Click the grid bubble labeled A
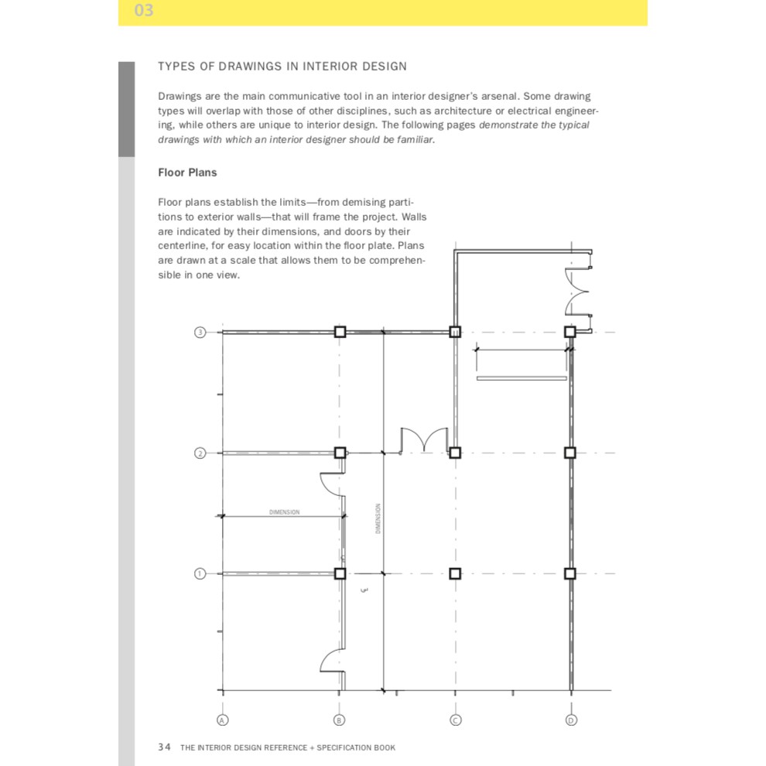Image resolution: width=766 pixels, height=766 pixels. click(x=222, y=720)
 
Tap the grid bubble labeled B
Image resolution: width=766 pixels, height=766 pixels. click(x=339, y=720)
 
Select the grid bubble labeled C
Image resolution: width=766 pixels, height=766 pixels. click(x=455, y=720)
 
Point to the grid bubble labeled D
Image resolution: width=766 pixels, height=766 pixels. click(x=571, y=720)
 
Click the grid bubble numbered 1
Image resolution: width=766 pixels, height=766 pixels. click(x=200, y=573)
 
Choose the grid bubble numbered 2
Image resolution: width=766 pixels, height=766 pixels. click(x=200, y=453)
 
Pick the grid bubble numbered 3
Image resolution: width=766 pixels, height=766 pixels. click(x=200, y=332)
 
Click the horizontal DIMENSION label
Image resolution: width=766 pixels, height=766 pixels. click(x=284, y=512)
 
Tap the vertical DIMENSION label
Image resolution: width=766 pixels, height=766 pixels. click(x=378, y=518)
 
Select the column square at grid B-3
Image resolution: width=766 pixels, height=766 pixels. click(x=340, y=332)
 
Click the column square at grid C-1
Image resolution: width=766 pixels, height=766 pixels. click(x=455, y=573)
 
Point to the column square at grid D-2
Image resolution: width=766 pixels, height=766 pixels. click(x=570, y=453)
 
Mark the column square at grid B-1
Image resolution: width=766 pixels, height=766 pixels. click(x=340, y=573)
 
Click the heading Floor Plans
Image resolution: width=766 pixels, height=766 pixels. click(x=187, y=173)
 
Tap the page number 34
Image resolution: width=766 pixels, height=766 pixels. click(x=164, y=747)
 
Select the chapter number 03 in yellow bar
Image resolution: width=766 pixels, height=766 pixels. click(x=144, y=10)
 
